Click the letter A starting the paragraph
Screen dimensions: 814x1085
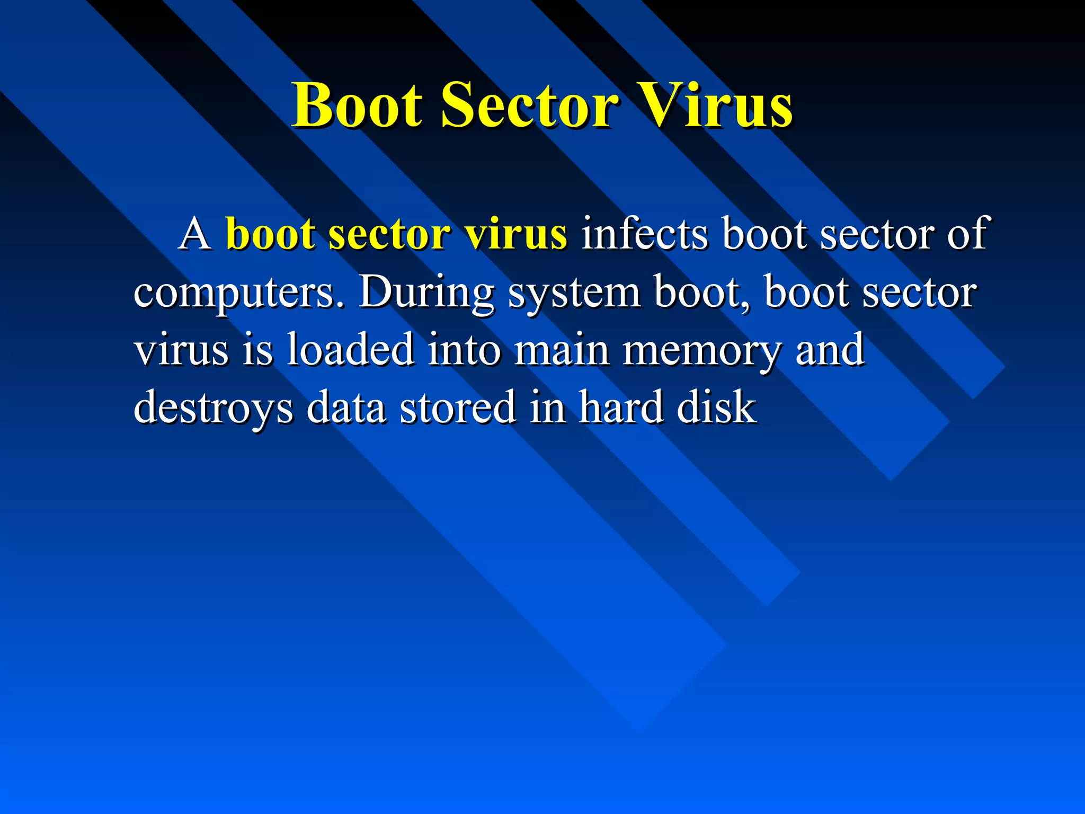coord(195,234)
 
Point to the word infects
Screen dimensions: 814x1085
coord(644,234)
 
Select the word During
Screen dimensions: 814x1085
coord(426,292)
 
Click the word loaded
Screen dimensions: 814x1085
coord(350,349)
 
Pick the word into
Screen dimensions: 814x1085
coord(464,349)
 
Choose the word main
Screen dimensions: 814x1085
coord(562,349)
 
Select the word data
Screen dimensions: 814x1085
coord(345,406)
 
